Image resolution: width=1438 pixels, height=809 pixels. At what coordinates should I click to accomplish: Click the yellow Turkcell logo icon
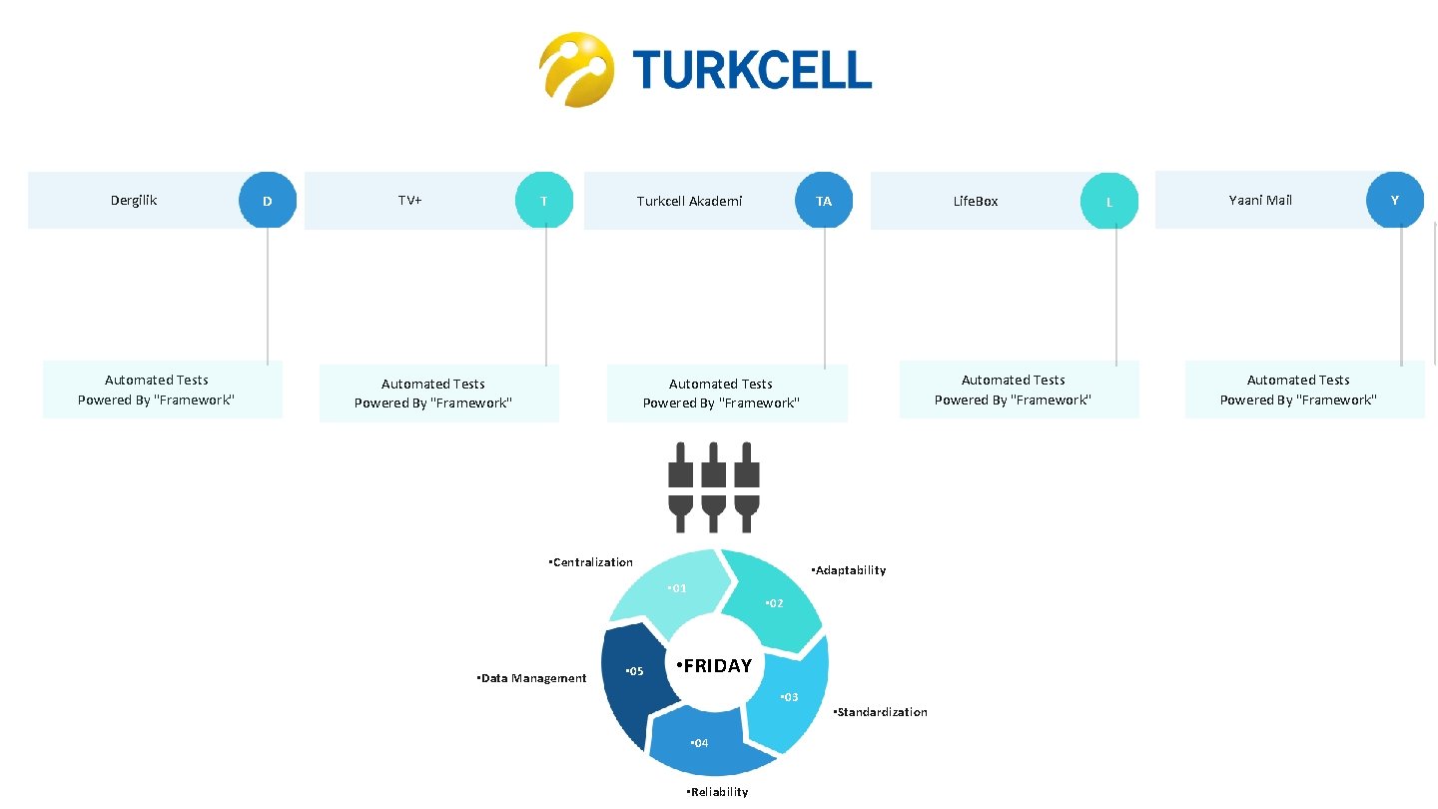pos(575,69)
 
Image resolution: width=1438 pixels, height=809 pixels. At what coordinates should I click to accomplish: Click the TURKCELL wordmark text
pos(752,70)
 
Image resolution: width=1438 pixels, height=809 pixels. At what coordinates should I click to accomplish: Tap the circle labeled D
pos(267,201)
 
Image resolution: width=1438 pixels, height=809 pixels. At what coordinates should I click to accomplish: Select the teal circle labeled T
pos(543,201)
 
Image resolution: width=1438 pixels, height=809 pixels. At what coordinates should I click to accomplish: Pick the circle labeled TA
pos(823,201)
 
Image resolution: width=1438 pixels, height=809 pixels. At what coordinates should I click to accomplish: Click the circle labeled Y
pos(1394,200)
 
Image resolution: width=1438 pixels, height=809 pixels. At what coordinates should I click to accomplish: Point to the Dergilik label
pos(134,200)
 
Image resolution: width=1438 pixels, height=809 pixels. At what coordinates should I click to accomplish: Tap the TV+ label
pos(409,200)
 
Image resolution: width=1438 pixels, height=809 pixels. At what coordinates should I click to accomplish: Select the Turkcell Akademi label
pos(689,201)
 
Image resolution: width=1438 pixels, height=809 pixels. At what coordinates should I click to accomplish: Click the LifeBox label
pos(976,201)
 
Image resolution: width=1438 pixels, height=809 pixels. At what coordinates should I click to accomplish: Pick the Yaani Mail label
pos(1260,200)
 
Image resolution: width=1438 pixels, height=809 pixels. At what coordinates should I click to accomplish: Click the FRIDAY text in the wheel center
pos(714,666)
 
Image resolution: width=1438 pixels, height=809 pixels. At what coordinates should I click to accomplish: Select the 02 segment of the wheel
pos(771,599)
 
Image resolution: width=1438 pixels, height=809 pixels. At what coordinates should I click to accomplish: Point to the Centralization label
pos(591,562)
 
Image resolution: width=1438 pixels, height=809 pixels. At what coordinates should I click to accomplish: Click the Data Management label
pos(532,678)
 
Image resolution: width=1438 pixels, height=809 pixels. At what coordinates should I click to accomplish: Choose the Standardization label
pos(880,712)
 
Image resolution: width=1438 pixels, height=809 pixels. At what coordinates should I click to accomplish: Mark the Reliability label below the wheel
pos(717,792)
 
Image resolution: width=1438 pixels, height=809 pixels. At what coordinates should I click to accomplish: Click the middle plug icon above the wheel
pos(712,487)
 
